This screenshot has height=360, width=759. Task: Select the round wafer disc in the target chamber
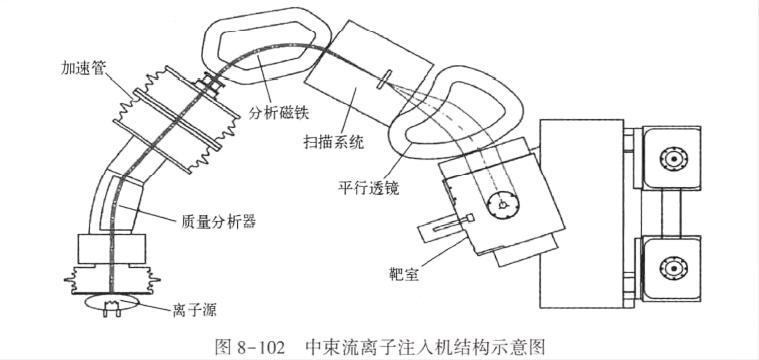pos(502,204)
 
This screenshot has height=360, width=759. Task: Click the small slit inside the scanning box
pos(384,78)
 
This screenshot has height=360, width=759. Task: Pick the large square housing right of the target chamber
pos(580,211)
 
